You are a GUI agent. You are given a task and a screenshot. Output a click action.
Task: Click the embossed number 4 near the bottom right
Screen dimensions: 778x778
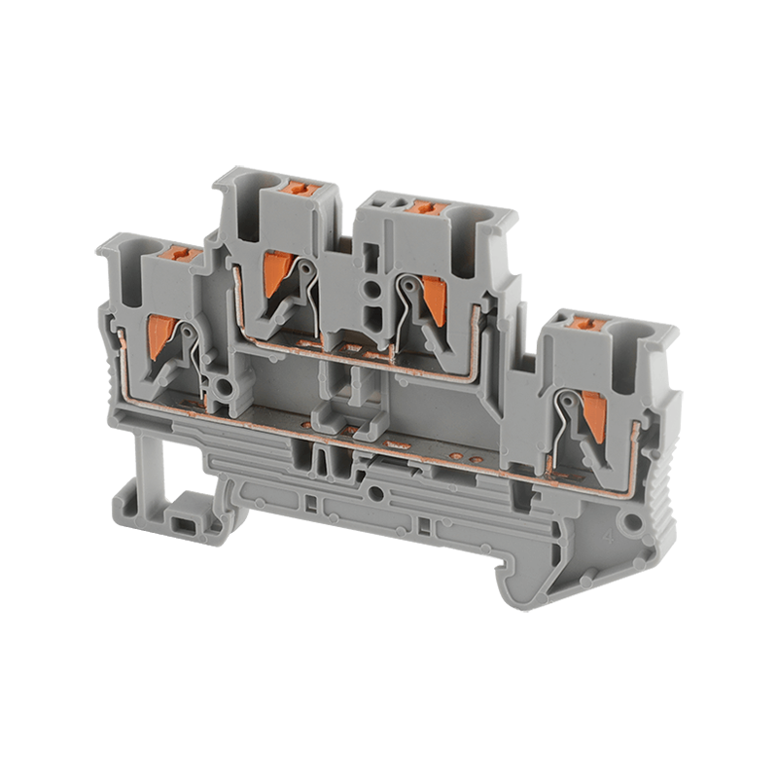[606, 533]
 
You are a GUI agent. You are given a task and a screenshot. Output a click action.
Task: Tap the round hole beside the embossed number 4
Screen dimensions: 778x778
[635, 522]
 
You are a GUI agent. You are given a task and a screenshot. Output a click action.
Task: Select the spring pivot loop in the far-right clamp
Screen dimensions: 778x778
[561, 396]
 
